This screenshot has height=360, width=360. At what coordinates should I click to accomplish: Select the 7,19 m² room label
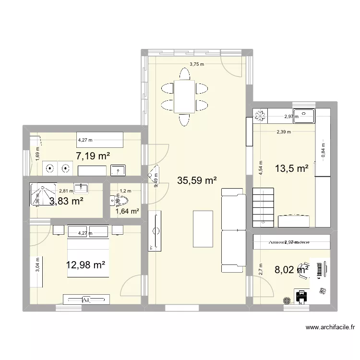[93, 156]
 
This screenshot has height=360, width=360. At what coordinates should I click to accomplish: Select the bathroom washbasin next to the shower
[81, 187]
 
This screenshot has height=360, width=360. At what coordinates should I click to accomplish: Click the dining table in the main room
[184, 96]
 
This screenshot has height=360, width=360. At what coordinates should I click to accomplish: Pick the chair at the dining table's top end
[184, 74]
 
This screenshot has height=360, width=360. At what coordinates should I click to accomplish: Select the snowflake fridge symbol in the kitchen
[261, 116]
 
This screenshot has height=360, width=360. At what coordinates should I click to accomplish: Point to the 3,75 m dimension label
[196, 64]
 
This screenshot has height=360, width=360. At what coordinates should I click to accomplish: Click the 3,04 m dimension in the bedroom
[38, 265]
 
